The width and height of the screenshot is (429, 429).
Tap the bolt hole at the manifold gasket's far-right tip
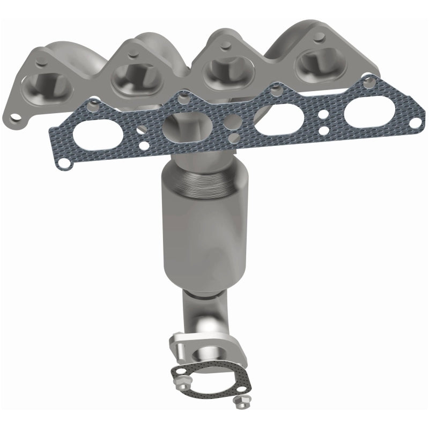pos(415,123)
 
